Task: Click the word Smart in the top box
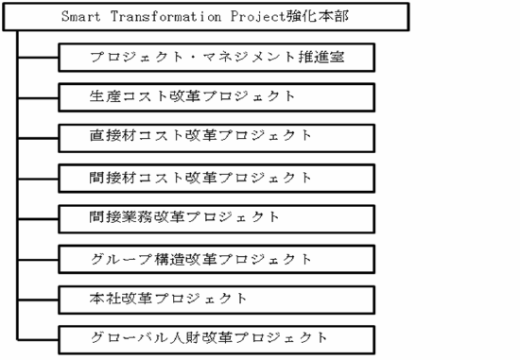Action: point(79,18)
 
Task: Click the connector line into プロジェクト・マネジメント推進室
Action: point(39,58)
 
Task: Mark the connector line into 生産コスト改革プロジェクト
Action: point(39,96)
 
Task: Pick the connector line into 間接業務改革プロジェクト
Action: point(39,216)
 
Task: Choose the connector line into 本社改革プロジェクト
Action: point(39,298)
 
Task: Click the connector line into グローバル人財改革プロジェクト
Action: point(39,337)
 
